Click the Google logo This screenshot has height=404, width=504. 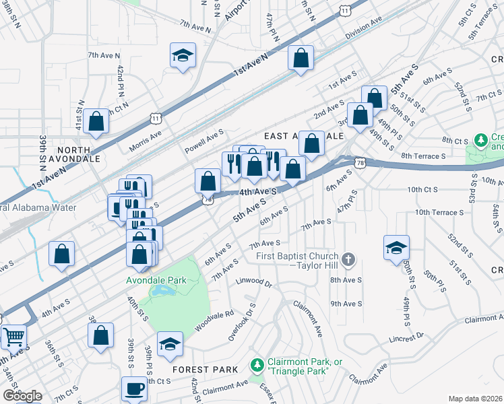[22, 396]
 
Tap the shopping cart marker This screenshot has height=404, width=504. [13, 335]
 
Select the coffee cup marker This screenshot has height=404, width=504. [133, 389]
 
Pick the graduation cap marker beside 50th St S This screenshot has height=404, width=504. [396, 246]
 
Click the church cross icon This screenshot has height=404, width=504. [348, 259]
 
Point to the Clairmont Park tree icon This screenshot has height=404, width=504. [256, 366]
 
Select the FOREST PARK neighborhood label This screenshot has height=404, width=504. [205, 369]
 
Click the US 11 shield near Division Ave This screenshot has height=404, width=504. [344, 10]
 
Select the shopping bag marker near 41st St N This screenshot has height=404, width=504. [96, 122]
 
